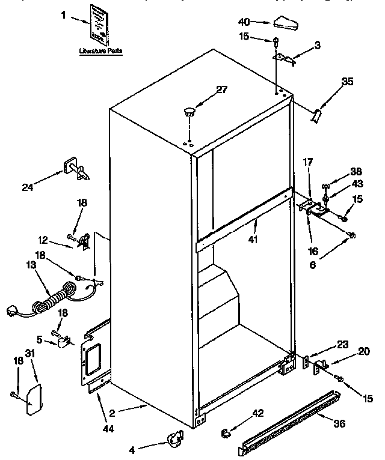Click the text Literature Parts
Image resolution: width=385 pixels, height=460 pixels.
point(100,52)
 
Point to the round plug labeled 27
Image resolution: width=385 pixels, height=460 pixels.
point(189,112)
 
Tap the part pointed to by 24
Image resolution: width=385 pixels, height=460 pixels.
point(75,171)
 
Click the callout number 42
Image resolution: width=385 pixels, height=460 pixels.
point(257,413)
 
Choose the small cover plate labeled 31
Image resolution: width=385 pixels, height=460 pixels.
point(32,399)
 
